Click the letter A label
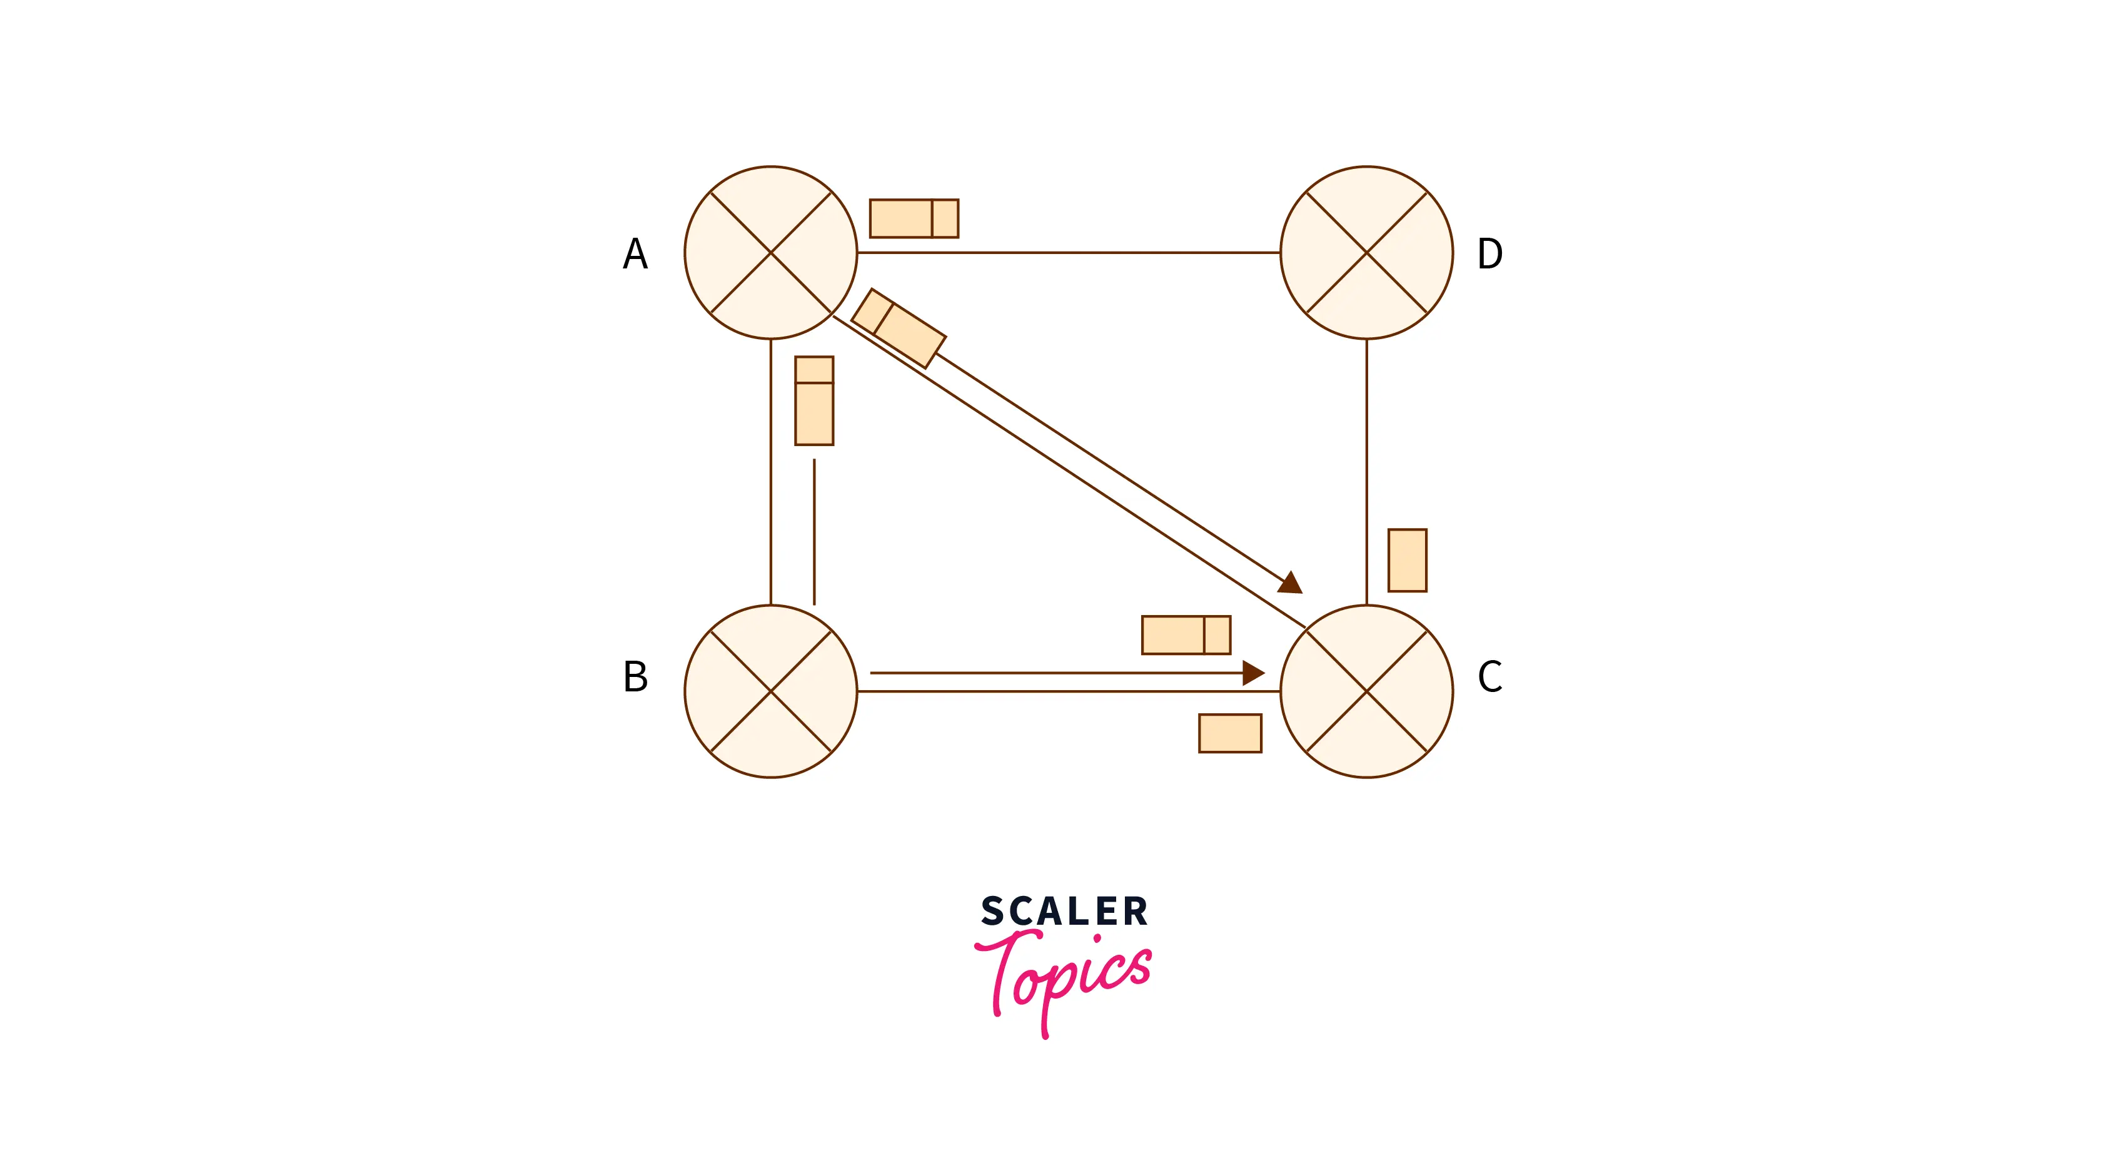pyautogui.click(x=635, y=253)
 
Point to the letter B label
pyautogui.click(x=635, y=677)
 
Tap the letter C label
pyautogui.click(x=1489, y=677)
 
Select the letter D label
pyautogui.click(x=1489, y=253)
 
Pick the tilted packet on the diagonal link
pyautogui.click(x=898, y=328)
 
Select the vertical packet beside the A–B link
pyautogui.click(x=814, y=401)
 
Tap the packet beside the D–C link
pyautogui.click(x=1407, y=561)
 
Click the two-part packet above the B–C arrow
pyautogui.click(x=1186, y=635)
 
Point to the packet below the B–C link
pyautogui.click(x=1230, y=733)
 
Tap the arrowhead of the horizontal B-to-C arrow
pyautogui.click(x=1253, y=673)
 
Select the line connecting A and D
pyautogui.click(x=1069, y=253)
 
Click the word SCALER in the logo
pyautogui.click(x=1064, y=912)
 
